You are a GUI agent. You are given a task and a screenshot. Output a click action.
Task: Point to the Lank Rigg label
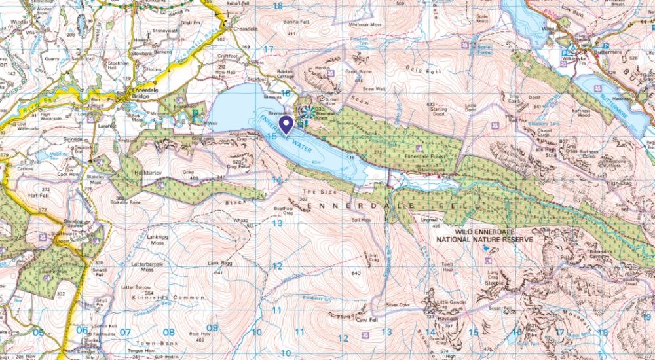[x=221, y=263]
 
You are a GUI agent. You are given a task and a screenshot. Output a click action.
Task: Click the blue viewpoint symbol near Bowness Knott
[x=302, y=120]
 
